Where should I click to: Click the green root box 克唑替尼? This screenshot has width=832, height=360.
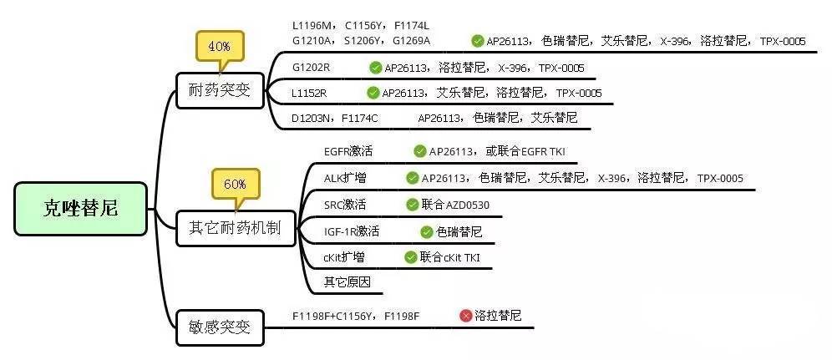point(80,209)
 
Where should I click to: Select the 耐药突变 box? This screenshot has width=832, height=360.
point(220,91)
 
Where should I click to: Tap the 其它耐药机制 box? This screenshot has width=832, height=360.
point(236,228)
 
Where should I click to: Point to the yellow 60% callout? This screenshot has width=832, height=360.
point(236,188)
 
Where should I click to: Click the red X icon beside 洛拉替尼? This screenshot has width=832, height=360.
point(466,317)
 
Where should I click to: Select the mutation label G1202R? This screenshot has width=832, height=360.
point(311,68)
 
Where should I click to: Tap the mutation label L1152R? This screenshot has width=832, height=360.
point(309,94)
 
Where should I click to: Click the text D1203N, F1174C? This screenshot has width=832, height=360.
point(335,119)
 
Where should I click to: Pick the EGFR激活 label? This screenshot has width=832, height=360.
point(348,151)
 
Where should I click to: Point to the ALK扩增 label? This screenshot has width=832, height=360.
point(344,178)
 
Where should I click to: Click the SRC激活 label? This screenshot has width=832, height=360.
point(345,205)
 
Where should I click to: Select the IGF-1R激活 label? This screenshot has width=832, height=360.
point(352,231)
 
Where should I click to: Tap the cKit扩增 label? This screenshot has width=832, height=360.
point(344,257)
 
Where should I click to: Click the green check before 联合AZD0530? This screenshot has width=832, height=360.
point(413,205)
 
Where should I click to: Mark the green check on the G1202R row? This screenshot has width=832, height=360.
point(376,68)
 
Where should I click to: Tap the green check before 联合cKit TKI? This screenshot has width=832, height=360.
point(410,257)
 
